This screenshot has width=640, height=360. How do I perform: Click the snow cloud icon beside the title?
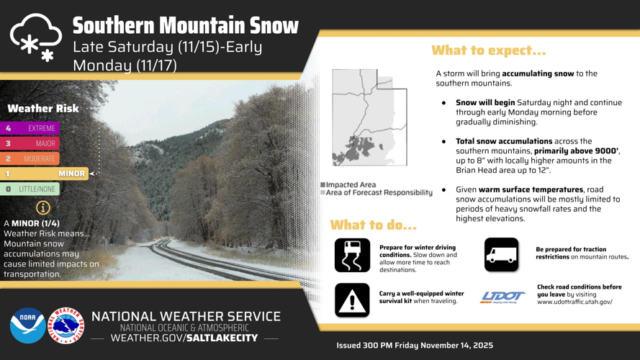coord(36,37)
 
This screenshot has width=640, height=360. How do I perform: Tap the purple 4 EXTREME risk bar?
coord(30,128)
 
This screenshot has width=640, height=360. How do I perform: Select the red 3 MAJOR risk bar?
coord(30,143)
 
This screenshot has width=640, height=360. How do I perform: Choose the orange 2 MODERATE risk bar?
coord(30,158)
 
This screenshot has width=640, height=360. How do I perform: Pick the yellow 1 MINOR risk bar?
coord(44,174)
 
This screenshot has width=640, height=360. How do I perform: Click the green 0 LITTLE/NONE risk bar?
coord(30,189)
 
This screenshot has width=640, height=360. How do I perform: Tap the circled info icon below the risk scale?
coord(43,208)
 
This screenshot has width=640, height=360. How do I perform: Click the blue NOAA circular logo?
coord(28,325)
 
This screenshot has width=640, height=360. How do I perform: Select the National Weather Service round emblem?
coord(66,325)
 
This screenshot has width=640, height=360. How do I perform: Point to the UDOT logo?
coord(502,297)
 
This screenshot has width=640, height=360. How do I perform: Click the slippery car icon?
coord(352,255)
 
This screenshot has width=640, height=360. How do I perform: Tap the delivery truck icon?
coord(502,255)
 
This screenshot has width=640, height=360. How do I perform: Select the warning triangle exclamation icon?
coord(352,300)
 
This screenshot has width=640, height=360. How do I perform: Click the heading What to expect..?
coord(489,50)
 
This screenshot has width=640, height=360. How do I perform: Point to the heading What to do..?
coord(373,225)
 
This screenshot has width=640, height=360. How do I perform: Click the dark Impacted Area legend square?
coord(323,185)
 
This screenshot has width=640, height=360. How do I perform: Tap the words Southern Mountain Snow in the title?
coord(186,25)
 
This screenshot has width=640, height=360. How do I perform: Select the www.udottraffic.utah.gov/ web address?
coord(574,302)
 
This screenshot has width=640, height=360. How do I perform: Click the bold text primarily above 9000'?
coord(577,151)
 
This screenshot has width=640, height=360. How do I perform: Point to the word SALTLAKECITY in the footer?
coord(222,338)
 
